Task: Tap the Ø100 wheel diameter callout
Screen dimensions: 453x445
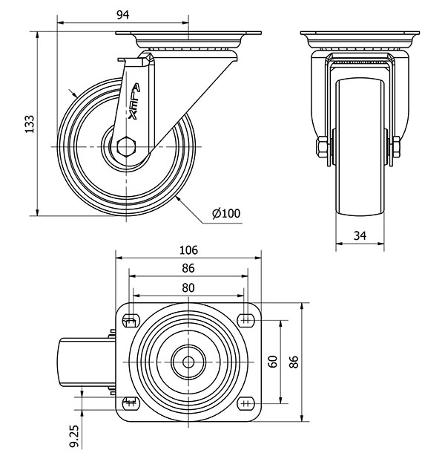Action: coord(225,214)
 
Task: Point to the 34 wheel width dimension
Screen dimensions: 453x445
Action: coord(360,235)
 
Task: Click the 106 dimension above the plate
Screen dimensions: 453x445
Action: coord(188,250)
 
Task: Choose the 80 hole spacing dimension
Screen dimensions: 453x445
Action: coord(188,287)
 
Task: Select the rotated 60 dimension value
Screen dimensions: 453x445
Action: coord(273,362)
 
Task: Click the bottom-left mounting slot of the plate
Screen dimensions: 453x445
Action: coord(131,405)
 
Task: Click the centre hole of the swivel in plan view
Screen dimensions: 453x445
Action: coord(188,362)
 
